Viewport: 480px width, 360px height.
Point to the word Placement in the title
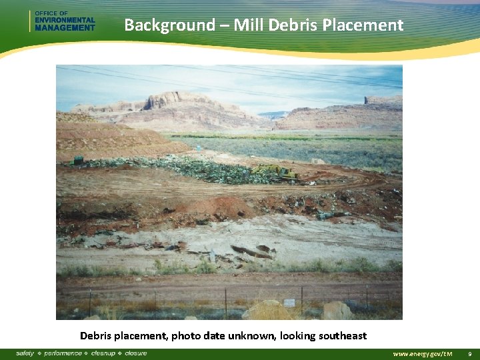[363, 25]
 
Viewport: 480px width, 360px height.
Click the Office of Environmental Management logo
[63, 21]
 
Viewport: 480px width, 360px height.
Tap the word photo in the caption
[186, 336]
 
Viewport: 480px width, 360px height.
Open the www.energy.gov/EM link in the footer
[422, 353]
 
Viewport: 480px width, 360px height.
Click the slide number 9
[469, 353]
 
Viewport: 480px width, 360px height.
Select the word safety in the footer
[26, 353]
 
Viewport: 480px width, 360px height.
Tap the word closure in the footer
[135, 353]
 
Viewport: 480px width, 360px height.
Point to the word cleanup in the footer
[103, 353]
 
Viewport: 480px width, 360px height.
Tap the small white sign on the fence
[289, 302]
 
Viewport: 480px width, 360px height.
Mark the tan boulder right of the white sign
[335, 310]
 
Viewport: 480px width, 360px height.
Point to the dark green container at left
[77, 161]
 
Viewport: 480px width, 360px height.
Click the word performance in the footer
[63, 353]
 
